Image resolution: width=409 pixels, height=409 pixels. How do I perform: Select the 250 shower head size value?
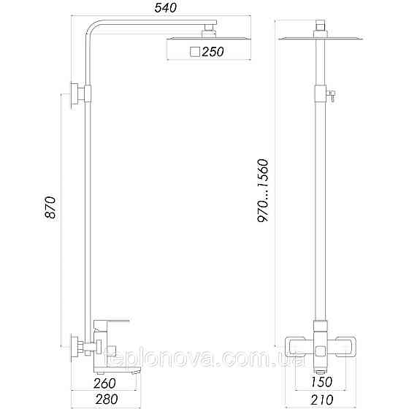pos(213,52)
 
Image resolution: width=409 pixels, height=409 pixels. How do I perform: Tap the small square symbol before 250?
pos(195,52)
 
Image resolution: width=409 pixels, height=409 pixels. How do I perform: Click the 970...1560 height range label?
pos(264,190)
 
